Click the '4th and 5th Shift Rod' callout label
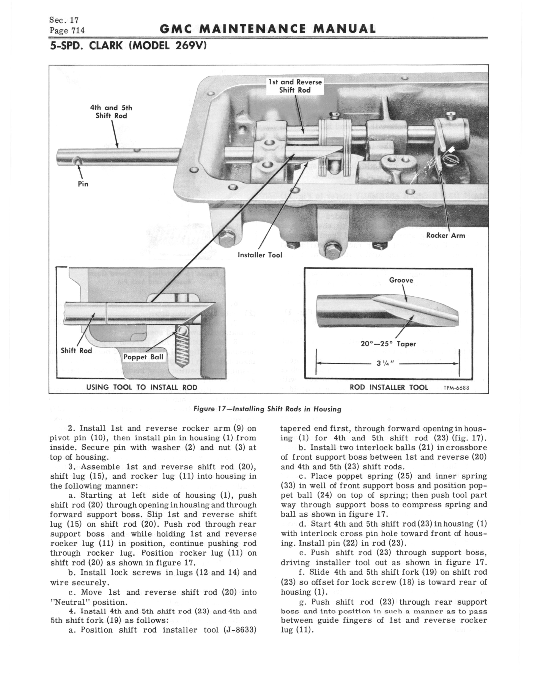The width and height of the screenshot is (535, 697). [x=111, y=112]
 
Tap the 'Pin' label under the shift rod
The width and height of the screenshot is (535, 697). [x=83, y=184]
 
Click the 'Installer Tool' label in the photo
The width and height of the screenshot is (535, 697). [x=260, y=255]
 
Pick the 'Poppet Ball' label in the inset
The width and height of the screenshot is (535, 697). [x=143, y=357]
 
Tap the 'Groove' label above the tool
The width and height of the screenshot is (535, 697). [x=401, y=280]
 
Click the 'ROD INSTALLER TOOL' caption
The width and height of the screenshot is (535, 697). [x=389, y=387]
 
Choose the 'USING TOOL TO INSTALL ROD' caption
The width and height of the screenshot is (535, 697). [x=142, y=387]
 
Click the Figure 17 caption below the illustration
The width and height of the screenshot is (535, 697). [x=267, y=409]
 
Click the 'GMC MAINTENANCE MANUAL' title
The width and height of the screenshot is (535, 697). [x=267, y=29]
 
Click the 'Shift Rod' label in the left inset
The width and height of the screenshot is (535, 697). [x=76, y=350]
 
